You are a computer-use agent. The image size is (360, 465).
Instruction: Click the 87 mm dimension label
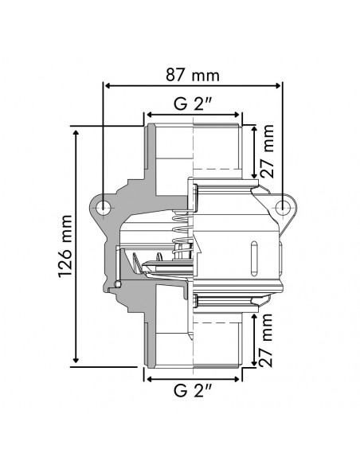point(192,75)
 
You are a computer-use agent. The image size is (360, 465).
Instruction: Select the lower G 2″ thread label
point(192,390)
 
